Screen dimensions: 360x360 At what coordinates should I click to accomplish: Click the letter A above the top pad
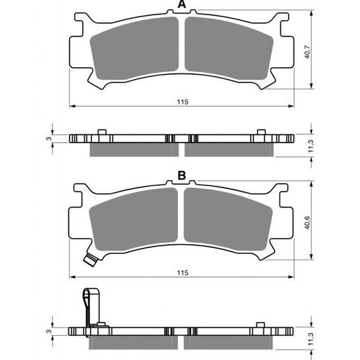point(181,6)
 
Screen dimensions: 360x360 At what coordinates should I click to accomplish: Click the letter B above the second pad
point(181,177)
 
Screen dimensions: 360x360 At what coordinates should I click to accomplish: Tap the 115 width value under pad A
point(181,102)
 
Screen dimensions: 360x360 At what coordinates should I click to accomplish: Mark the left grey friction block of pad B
point(135,223)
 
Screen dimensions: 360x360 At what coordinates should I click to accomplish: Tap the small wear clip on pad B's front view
point(88,260)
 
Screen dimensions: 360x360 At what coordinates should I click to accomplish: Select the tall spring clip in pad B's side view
point(87,305)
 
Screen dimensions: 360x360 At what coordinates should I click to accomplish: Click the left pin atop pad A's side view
point(102,132)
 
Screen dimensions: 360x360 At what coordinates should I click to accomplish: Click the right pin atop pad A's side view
point(261,132)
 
